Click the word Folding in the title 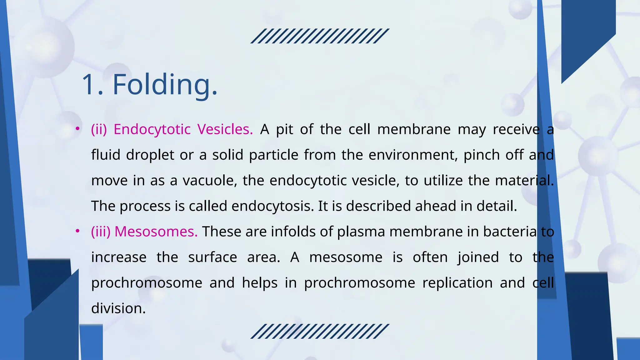[164, 84]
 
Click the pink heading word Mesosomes [156, 232]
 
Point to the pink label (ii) [99, 129]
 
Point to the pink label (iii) [101, 232]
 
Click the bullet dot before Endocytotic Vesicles [77, 129]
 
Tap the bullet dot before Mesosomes [77, 231]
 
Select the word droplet [150, 155]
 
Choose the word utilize [443, 181]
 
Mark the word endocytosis [272, 206]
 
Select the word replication [457, 283]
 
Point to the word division [118, 308]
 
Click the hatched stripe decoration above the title [320, 36]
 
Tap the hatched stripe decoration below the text [320, 331]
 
